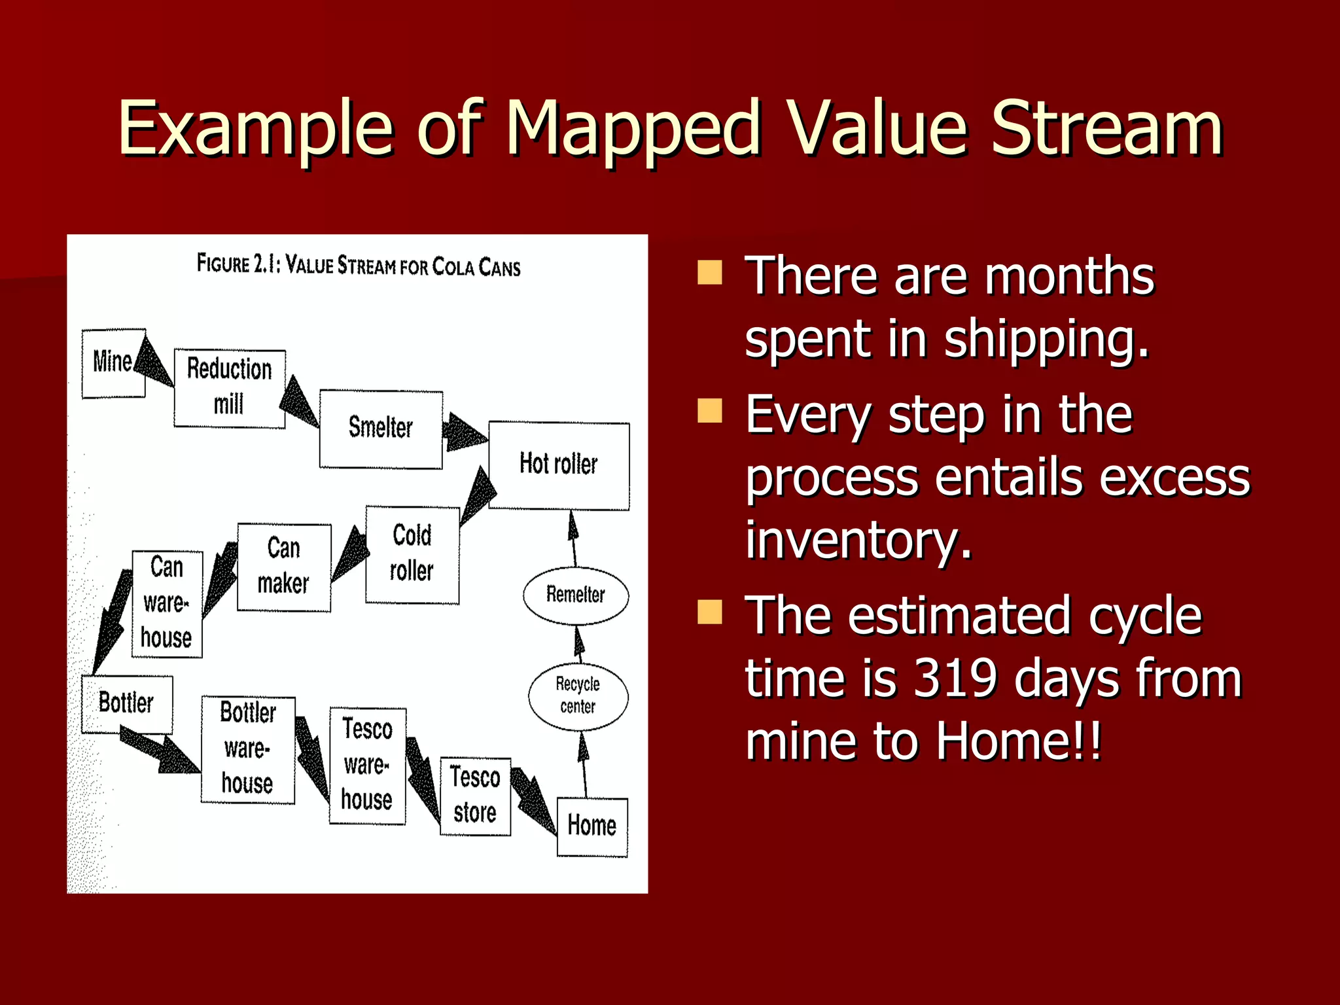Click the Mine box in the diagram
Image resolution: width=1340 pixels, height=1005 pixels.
point(113,363)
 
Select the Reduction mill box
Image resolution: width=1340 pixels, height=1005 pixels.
point(229,388)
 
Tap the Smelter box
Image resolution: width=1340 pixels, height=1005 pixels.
point(381,429)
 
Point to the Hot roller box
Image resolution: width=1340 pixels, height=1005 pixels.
point(559,465)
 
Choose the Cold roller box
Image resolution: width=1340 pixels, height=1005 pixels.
point(412,554)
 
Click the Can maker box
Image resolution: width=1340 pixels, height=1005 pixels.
point(283,567)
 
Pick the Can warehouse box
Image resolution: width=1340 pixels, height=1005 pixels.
point(167,603)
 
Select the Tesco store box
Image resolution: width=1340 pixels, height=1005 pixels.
point(475,796)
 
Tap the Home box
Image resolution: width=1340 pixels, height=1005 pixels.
point(592,826)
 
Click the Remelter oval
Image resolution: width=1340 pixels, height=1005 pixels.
point(576,595)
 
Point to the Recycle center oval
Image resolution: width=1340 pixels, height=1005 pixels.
point(578,696)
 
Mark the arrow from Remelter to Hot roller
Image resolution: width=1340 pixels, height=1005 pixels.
point(574,538)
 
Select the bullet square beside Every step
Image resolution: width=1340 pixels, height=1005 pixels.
point(710,411)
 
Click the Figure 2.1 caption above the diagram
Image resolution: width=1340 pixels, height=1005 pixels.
point(359,266)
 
